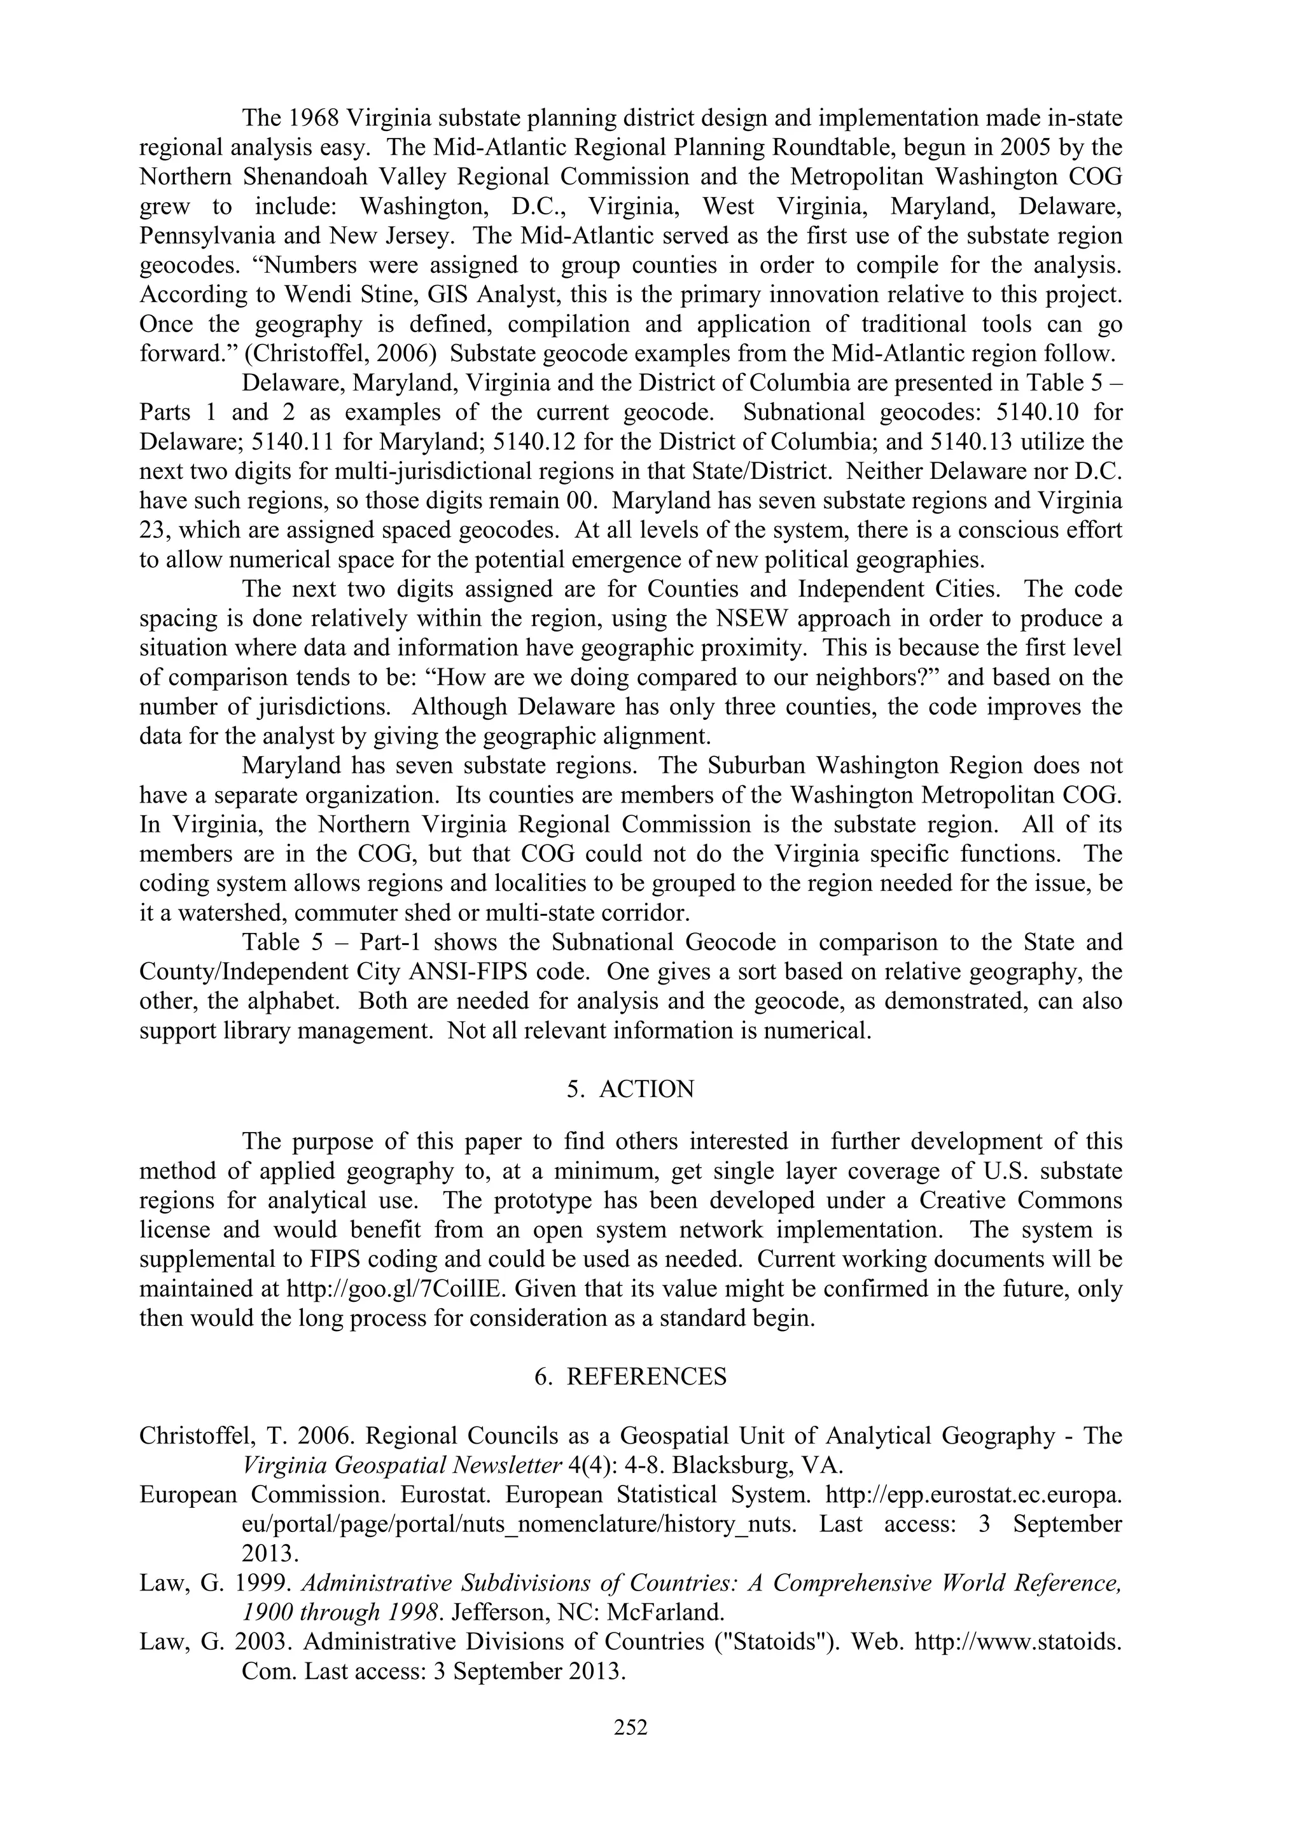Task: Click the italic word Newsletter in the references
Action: (497, 1466)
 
